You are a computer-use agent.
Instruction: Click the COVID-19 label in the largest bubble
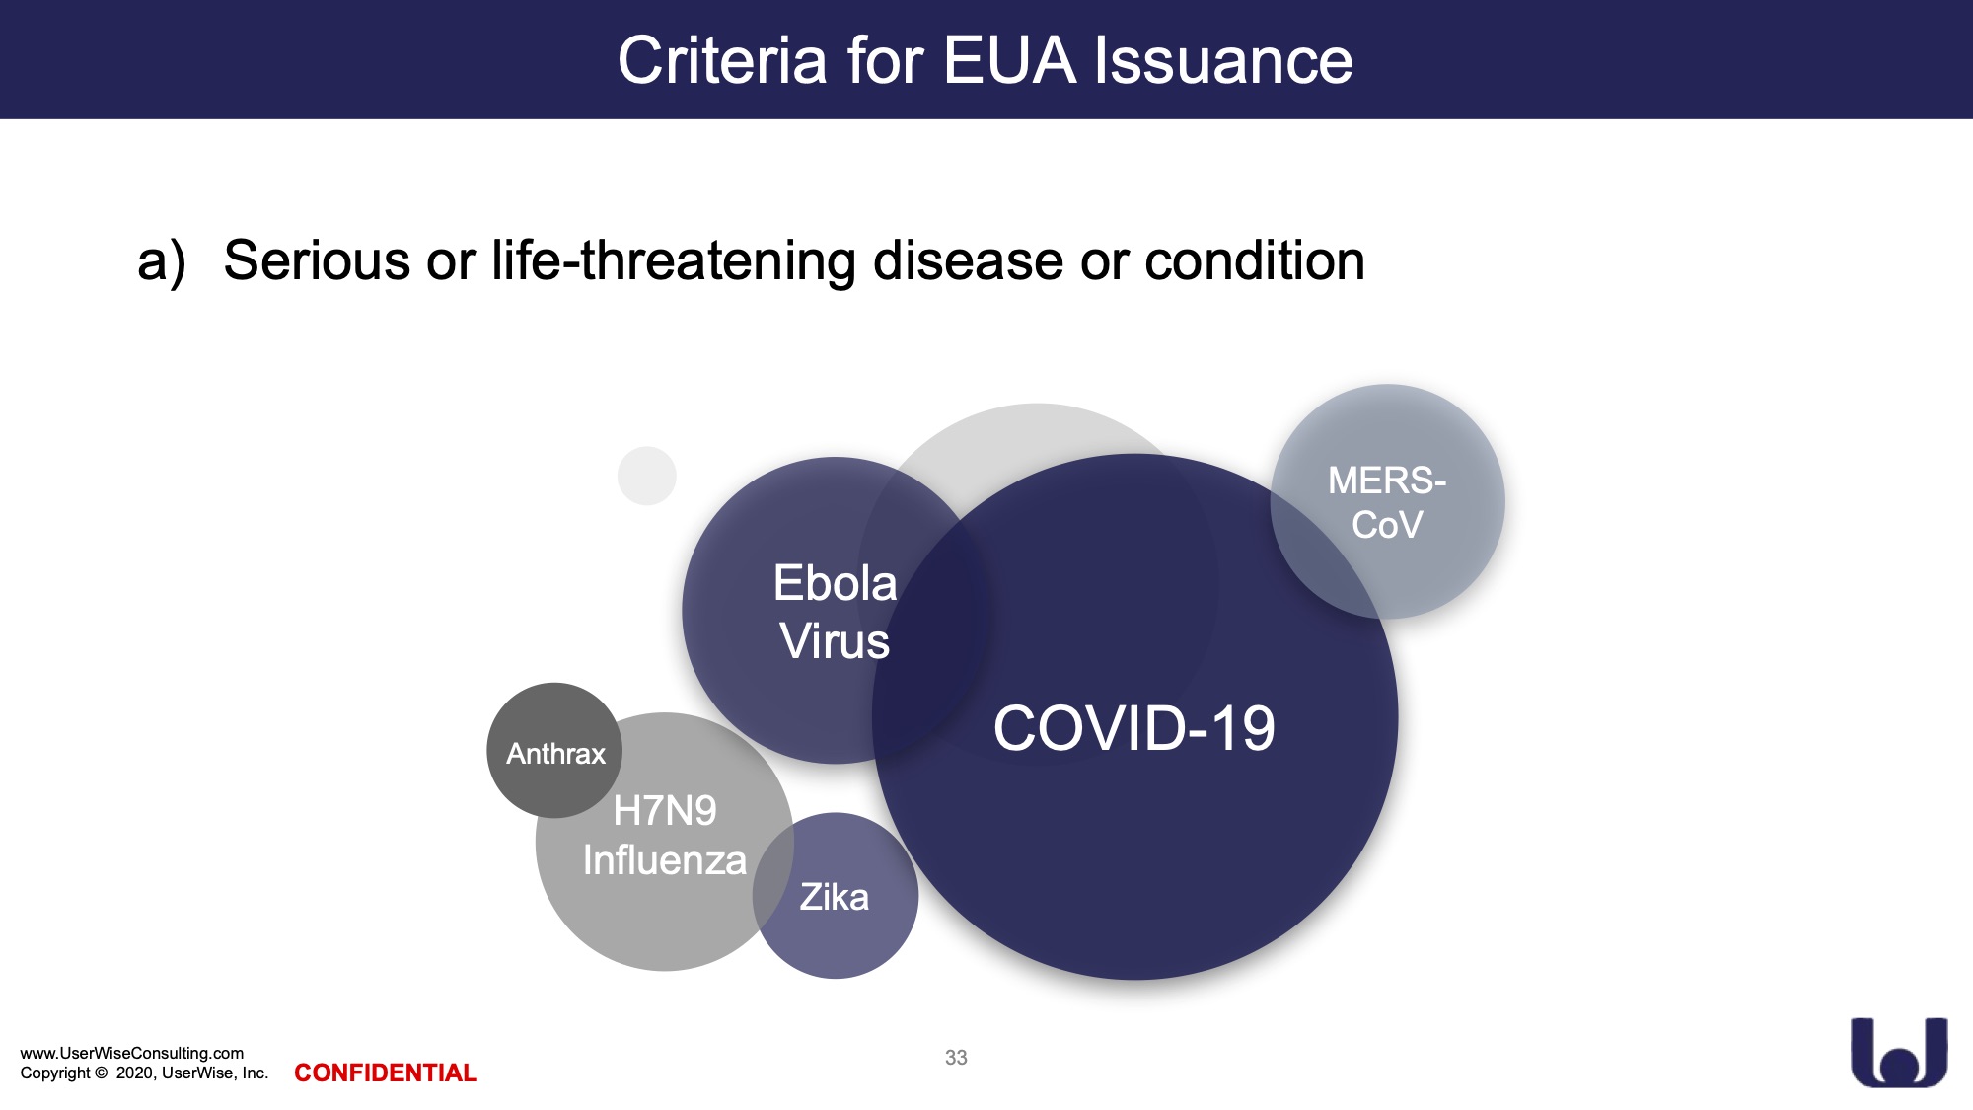[1133, 728]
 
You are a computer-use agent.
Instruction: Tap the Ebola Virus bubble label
[835, 612]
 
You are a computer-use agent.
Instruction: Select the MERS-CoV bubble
[1387, 501]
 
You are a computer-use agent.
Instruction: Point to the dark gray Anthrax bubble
[554, 751]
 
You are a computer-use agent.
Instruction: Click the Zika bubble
[836, 896]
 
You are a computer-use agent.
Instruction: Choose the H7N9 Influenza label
[665, 836]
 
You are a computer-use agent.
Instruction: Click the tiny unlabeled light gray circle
[647, 476]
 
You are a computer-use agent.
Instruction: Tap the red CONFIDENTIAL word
[386, 1073]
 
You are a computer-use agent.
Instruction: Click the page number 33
[956, 1058]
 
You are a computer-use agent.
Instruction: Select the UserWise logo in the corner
[1899, 1052]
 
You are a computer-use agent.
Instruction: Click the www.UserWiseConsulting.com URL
[131, 1053]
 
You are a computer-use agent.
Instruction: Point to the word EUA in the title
[1008, 60]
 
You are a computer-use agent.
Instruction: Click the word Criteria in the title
[722, 60]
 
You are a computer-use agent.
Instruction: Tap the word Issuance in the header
[1223, 60]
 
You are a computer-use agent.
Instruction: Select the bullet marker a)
[162, 262]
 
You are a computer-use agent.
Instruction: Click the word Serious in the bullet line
[317, 260]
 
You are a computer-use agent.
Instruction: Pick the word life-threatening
[673, 261]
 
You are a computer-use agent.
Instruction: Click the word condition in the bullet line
[1255, 260]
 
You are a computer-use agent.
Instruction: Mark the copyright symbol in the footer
[101, 1073]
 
